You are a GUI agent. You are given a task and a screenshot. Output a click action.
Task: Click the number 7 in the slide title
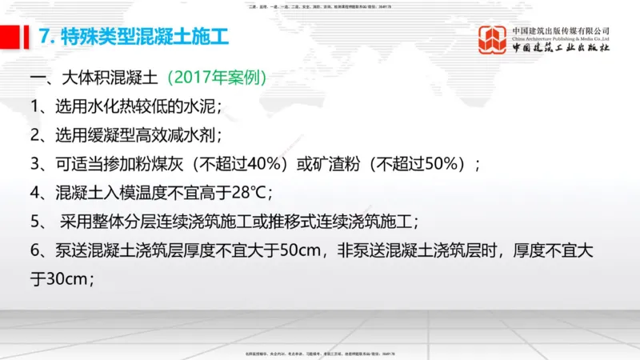pyautogui.click(x=45, y=36)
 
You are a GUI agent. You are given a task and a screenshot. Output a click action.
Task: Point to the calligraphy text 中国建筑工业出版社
pyautogui.click(x=560, y=48)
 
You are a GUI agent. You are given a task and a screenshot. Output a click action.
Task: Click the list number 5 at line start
pyautogui.click(x=36, y=221)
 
